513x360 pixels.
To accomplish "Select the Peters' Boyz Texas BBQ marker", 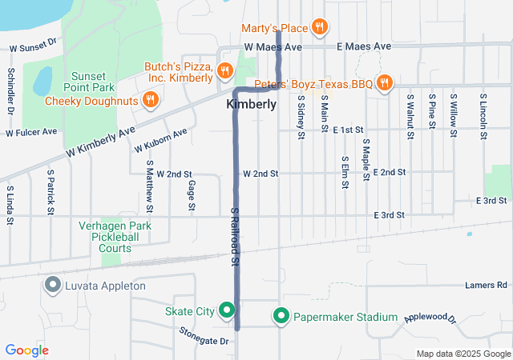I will pyautogui.click(x=385, y=82).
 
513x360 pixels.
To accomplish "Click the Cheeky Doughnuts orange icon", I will pyautogui.click(x=149, y=100).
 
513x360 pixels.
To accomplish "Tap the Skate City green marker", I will pyautogui.click(x=227, y=310).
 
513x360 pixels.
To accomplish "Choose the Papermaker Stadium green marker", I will pyautogui.click(x=281, y=317).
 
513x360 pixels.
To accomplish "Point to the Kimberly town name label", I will pyautogui.click(x=252, y=105).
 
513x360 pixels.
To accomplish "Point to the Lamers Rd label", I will pyautogui.click(x=487, y=285).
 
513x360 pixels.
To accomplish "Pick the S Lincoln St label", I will pyautogui.click(x=483, y=117).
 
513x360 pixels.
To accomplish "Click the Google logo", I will pyautogui.click(x=26, y=350).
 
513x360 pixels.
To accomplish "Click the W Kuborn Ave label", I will pyautogui.click(x=160, y=140).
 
